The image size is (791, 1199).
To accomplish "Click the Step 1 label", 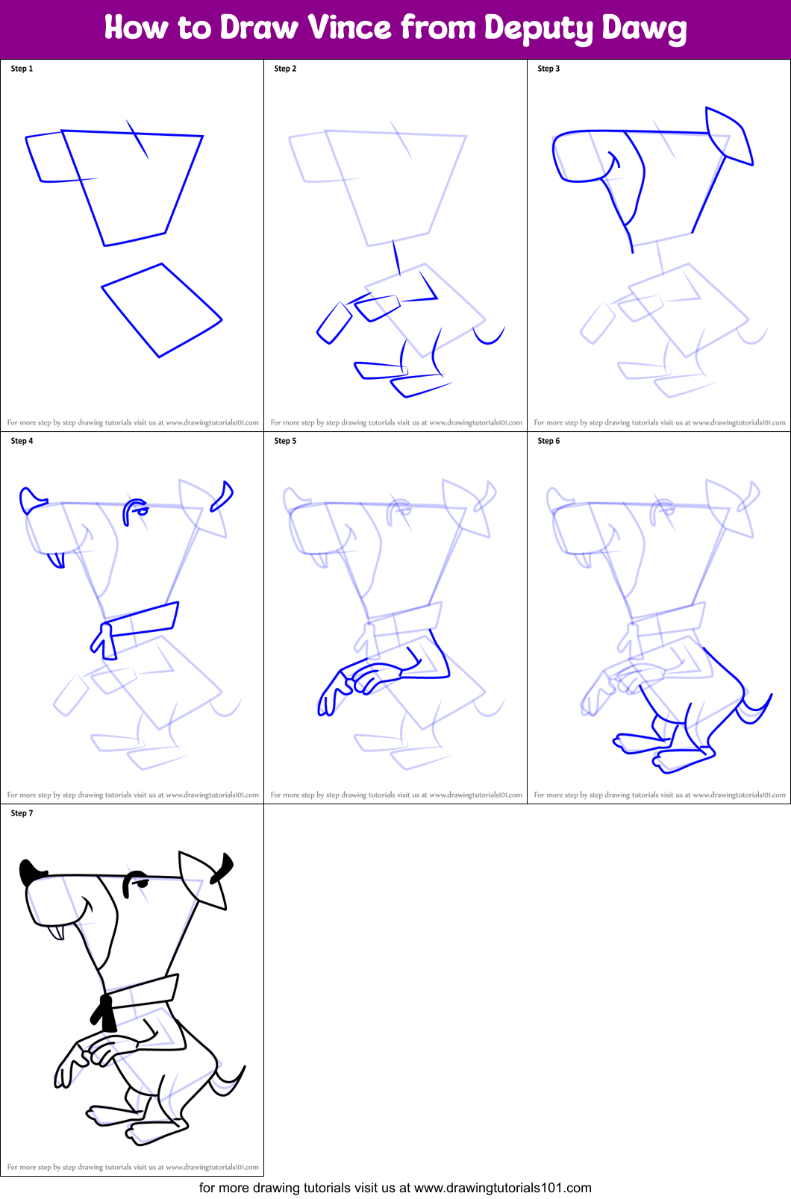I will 22,69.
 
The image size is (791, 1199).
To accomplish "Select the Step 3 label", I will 548,69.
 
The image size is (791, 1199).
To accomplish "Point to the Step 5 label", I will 285,441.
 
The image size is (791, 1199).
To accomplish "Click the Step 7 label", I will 22,813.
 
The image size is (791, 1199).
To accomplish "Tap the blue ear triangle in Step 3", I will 728,134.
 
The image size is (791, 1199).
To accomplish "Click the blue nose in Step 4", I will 31,499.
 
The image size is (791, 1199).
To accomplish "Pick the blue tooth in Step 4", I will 56,560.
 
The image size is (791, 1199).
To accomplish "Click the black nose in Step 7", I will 31,871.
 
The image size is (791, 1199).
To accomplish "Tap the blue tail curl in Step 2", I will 490,338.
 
